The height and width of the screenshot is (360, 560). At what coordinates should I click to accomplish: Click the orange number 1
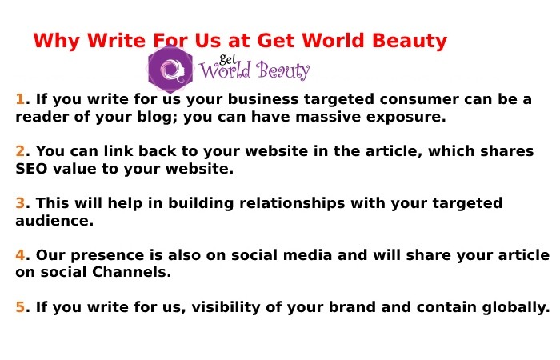pyautogui.click(x=20, y=100)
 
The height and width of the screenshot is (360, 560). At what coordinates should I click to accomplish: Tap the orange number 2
pyautogui.click(x=20, y=151)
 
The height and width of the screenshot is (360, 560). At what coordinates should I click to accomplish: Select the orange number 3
pyautogui.click(x=20, y=203)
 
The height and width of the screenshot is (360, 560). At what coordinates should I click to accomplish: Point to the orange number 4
pyautogui.click(x=20, y=255)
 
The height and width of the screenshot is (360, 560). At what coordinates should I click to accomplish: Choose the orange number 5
pyautogui.click(x=20, y=306)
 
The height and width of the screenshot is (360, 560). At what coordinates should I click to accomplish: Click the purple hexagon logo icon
pyautogui.click(x=170, y=69)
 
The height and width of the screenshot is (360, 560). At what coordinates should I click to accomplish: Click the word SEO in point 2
pyautogui.click(x=33, y=169)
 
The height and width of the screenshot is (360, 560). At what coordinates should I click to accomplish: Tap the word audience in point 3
pyautogui.click(x=54, y=221)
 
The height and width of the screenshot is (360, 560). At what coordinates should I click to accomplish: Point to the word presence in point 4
pyautogui.click(x=100, y=255)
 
